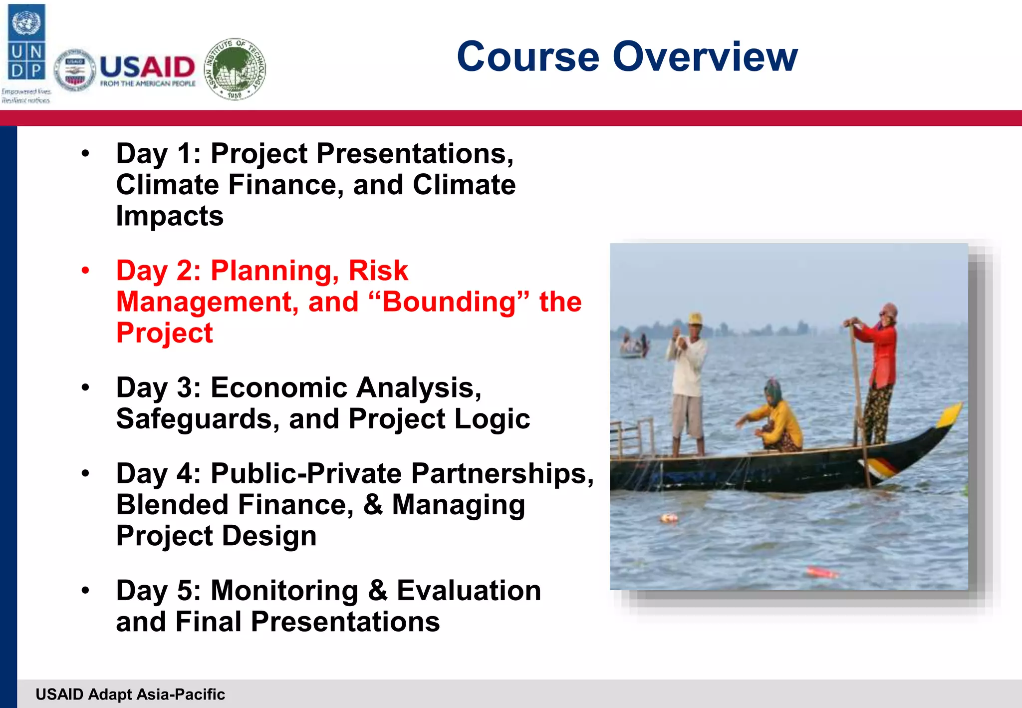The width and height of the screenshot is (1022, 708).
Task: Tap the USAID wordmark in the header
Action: click(x=147, y=67)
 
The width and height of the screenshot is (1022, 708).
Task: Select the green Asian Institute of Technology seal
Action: click(x=235, y=69)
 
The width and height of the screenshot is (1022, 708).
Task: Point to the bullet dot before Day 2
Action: click(x=85, y=271)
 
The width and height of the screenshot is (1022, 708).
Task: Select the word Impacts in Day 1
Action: click(x=170, y=216)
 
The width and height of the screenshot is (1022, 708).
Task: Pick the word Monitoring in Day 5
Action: click(x=284, y=591)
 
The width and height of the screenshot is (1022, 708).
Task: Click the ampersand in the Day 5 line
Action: click(x=378, y=591)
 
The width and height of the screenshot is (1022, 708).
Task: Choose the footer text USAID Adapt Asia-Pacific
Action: click(x=130, y=694)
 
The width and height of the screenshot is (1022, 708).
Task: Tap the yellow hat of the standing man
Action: click(x=695, y=318)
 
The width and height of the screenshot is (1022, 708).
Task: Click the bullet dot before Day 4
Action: click(x=85, y=473)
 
